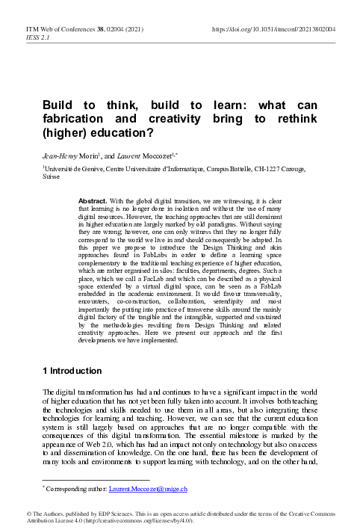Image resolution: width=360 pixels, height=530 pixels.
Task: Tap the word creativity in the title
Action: (167, 119)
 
